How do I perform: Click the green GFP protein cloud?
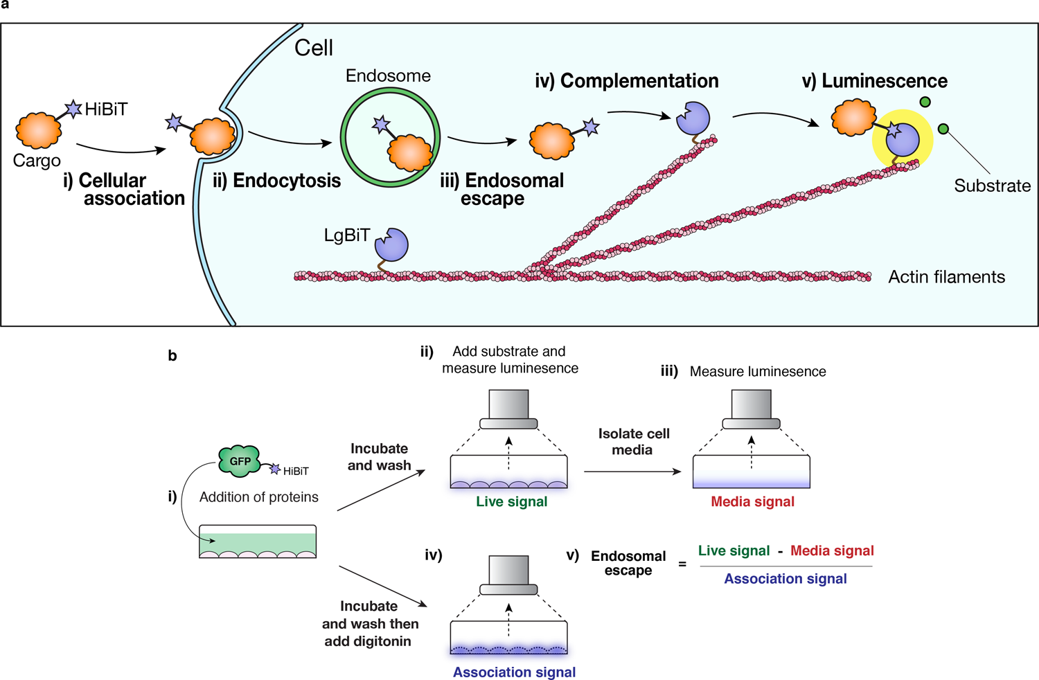(x=240, y=461)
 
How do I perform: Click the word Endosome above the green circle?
(x=388, y=75)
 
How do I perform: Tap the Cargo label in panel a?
(x=37, y=161)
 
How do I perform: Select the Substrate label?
(x=992, y=186)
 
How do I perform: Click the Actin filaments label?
(x=946, y=277)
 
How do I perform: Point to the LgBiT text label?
(x=346, y=235)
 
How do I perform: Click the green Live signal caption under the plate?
(x=511, y=502)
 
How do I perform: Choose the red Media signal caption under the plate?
(x=752, y=502)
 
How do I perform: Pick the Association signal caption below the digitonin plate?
(x=514, y=672)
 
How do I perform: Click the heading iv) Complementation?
(x=626, y=81)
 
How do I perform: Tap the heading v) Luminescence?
(x=874, y=81)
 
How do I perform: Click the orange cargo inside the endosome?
(x=410, y=153)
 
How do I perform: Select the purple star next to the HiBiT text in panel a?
(x=73, y=108)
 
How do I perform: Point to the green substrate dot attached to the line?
(x=943, y=129)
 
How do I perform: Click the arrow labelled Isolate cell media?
(x=632, y=472)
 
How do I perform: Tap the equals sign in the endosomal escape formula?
(x=682, y=564)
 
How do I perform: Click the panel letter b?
(x=172, y=356)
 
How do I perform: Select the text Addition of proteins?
(x=258, y=497)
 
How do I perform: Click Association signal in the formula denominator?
(x=785, y=579)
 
